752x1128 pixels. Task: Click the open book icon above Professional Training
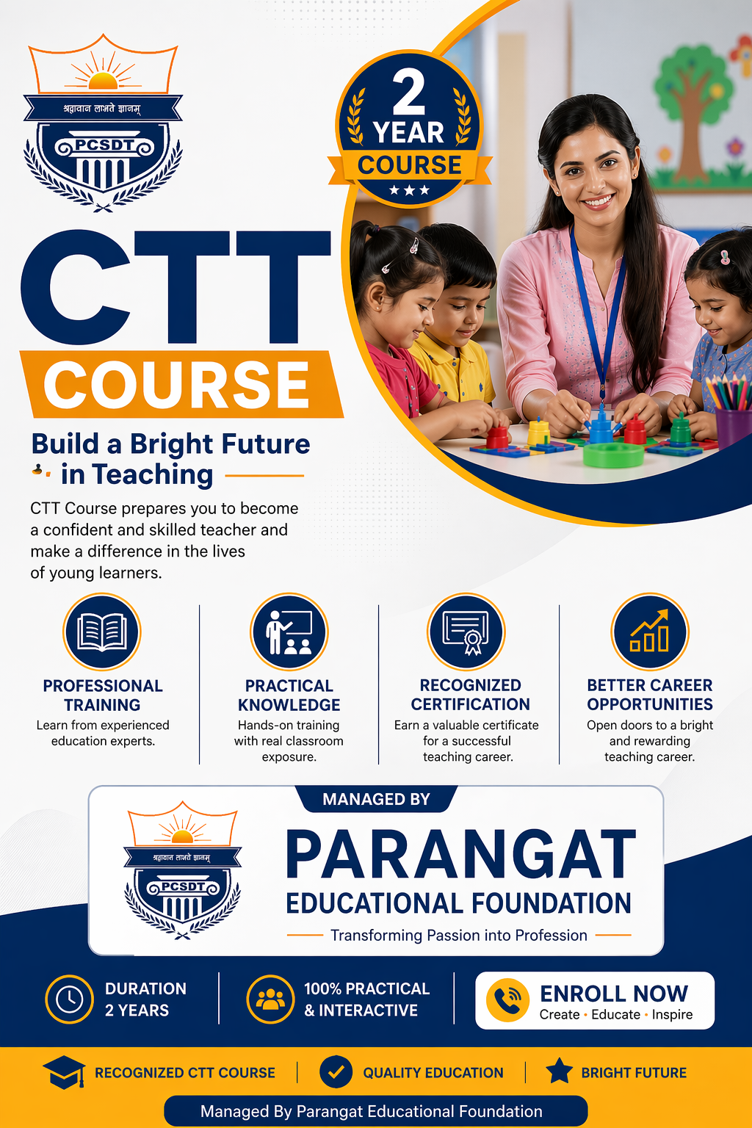tap(102, 632)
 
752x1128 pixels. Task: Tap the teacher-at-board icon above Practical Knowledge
tap(289, 632)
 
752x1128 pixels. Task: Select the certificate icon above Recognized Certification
tap(466, 632)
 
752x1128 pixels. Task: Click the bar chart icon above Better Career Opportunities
tap(649, 632)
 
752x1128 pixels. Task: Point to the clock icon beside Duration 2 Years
tap(70, 999)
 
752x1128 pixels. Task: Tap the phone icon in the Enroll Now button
tap(507, 1000)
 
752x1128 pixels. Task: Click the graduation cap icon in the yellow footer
tap(65, 1073)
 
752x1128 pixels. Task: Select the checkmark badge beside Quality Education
tap(336, 1072)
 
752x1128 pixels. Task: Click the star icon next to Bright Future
tap(559, 1071)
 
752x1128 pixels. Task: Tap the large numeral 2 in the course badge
tap(409, 92)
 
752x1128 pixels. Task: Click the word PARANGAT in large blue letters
tap(460, 856)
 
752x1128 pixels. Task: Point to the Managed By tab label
tap(376, 799)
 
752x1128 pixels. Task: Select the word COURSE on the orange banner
tap(177, 385)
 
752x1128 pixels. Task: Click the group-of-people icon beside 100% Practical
tap(270, 999)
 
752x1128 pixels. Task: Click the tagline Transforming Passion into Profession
tap(459, 936)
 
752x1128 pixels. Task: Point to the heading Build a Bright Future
tap(170, 444)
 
